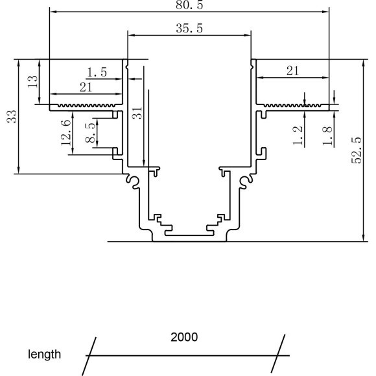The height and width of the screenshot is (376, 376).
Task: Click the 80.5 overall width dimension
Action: (x=189, y=5)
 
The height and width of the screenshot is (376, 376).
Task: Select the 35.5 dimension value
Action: (x=189, y=29)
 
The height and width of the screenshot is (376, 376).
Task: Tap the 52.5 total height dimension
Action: (x=356, y=150)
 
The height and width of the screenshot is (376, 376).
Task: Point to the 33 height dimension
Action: (x=12, y=117)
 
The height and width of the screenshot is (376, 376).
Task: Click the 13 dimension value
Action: (x=32, y=82)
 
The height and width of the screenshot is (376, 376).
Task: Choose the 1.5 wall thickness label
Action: (x=97, y=73)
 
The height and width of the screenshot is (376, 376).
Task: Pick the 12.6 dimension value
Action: (x=66, y=133)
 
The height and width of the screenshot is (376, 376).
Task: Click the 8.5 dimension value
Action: (x=90, y=133)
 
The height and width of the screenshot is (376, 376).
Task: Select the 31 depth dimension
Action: (x=137, y=113)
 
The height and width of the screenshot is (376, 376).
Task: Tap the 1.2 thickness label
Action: (x=298, y=135)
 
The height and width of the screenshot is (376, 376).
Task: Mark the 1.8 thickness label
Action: (x=327, y=135)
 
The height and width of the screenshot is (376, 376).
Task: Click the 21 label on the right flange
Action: (x=293, y=71)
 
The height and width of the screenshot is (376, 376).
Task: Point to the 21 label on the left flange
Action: (x=86, y=88)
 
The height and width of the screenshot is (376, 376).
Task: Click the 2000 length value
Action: (x=184, y=337)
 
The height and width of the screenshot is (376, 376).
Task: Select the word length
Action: (x=44, y=355)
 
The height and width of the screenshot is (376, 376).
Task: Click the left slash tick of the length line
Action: (x=89, y=355)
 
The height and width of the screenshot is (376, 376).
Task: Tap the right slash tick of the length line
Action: (x=278, y=354)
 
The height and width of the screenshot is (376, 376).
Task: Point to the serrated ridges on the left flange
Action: (x=86, y=105)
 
